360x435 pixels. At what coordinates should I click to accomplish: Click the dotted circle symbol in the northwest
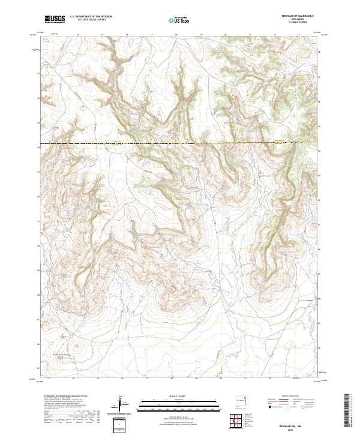83,109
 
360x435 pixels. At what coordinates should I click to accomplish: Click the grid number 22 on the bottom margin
271,379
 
